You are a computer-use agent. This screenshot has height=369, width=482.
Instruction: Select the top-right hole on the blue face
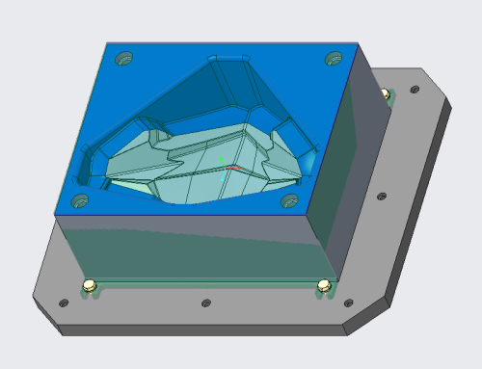[x=334, y=59]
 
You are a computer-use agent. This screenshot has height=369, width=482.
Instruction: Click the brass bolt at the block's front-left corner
[x=89, y=285]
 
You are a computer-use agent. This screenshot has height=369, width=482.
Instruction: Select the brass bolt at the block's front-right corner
[x=324, y=285]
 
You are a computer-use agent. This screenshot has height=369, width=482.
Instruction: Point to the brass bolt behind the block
[x=386, y=93]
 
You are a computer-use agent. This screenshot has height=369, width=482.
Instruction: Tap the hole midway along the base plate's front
[x=205, y=303]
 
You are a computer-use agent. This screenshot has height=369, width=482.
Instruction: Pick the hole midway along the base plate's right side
[x=382, y=197]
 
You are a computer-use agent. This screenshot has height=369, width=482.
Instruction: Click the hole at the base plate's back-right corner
[x=415, y=90]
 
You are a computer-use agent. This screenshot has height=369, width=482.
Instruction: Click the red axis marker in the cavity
[x=232, y=168]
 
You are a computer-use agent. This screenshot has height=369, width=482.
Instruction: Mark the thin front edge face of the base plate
[x=193, y=329]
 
